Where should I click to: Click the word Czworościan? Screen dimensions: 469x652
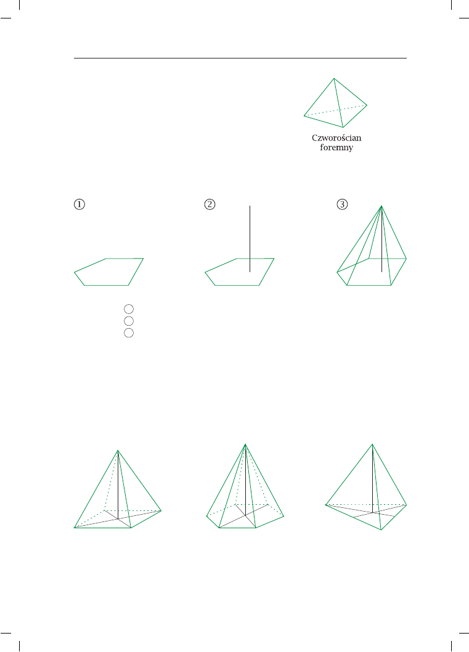(336, 138)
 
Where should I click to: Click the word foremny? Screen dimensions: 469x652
(336, 148)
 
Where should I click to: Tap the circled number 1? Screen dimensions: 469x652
(79, 204)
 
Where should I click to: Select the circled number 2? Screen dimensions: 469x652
(210, 204)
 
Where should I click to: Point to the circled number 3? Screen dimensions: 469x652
(342, 204)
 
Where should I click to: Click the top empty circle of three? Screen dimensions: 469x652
(129, 309)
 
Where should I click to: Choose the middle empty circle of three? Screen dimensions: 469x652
(129, 321)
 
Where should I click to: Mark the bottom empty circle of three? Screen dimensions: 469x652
(129, 333)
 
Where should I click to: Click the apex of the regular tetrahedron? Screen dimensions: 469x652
(334, 78)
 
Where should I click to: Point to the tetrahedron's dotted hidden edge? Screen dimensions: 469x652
(335, 111)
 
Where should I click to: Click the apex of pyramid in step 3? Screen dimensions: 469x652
(381, 206)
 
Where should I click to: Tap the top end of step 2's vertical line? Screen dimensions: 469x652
(250, 206)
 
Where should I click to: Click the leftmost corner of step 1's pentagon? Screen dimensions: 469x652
(75, 272)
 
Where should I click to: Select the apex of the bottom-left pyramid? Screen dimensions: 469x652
(118, 450)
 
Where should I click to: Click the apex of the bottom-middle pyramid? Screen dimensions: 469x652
(245, 444)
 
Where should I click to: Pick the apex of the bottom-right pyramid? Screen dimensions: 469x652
(372, 444)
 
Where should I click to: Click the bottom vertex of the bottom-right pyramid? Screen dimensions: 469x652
(381, 529)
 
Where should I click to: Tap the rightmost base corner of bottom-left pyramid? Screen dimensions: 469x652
(161, 510)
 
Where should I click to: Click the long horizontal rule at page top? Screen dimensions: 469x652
(240, 58)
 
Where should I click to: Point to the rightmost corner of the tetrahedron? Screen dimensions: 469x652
(367, 105)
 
